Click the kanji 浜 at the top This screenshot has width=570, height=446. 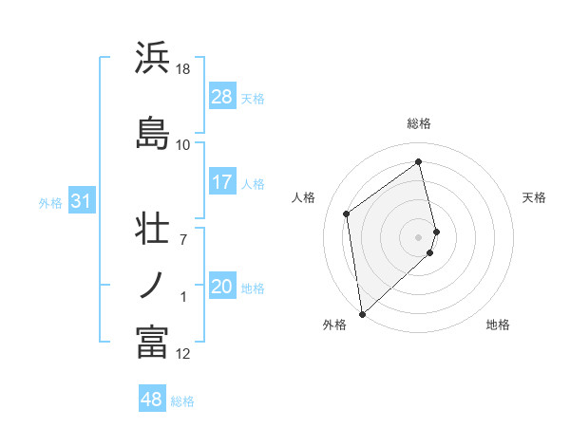(152, 59)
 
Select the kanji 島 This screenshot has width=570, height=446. (152, 133)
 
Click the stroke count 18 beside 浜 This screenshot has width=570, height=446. (183, 69)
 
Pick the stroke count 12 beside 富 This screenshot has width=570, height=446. (183, 354)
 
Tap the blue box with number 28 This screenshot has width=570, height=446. (222, 97)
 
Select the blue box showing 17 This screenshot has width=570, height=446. (222, 182)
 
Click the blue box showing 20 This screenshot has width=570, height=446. (222, 287)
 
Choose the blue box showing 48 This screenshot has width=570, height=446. (152, 400)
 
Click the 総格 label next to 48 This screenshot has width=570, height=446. (182, 401)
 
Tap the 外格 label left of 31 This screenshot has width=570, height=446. (50, 202)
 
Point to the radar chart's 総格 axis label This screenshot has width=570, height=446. (419, 123)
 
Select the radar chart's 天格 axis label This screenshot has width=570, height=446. (535, 197)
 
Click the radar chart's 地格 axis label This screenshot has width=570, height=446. (498, 325)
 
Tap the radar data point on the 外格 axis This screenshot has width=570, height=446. (361, 313)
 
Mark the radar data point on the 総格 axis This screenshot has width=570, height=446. (419, 162)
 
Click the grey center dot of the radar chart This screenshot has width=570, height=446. (419, 236)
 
